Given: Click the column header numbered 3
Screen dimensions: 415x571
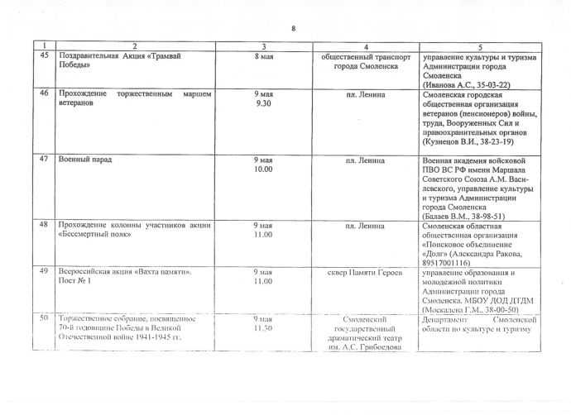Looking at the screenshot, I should pyautogui.click(x=263, y=45).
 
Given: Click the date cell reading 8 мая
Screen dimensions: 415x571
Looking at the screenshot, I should pyautogui.click(x=263, y=55).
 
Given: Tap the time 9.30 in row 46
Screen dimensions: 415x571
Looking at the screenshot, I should pyautogui.click(x=263, y=106).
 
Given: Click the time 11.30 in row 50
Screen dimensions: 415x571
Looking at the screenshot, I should pyautogui.click(x=263, y=328).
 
